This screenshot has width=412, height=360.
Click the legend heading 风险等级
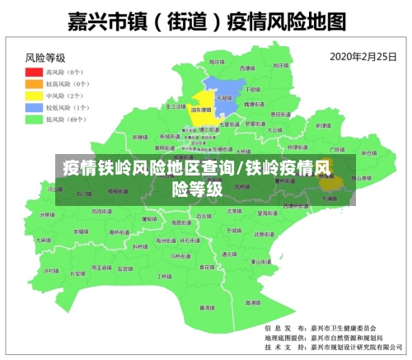[x=45, y=58]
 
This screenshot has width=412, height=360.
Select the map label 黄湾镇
[x=202, y=306]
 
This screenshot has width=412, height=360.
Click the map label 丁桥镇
[x=164, y=277]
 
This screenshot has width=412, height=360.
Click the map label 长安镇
[x=78, y=274]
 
